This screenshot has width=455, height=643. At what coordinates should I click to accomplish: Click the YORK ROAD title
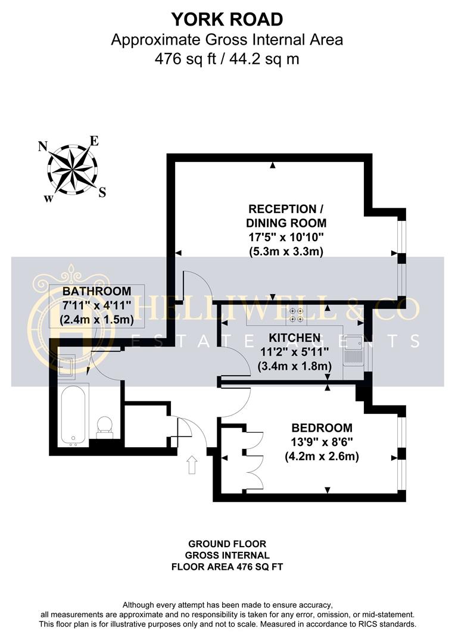point(227,19)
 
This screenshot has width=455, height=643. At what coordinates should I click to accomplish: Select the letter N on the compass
point(42,146)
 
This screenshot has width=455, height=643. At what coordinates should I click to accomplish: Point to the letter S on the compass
point(102,192)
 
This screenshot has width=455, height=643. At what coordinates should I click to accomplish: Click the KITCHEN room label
point(295,338)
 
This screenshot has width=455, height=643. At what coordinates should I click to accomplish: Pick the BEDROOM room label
point(322,428)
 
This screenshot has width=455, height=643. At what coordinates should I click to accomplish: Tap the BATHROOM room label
point(97,291)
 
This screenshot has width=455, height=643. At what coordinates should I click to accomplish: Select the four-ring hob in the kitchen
point(296,314)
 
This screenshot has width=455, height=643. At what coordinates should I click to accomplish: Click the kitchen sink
point(353,351)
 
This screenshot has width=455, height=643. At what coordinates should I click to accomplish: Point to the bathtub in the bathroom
point(73,415)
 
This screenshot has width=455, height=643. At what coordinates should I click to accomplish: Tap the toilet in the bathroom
point(104,426)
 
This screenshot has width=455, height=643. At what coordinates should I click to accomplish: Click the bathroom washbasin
point(66,366)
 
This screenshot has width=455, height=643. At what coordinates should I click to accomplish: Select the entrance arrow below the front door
point(192,464)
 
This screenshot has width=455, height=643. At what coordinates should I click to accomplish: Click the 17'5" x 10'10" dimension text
point(286,237)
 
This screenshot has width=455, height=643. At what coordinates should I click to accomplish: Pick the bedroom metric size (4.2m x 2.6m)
point(322,456)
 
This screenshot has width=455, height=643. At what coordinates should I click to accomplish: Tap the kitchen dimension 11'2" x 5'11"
point(295,352)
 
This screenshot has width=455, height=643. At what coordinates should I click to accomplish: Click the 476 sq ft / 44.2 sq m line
point(227,59)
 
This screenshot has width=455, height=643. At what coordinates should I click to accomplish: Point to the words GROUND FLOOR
point(227,544)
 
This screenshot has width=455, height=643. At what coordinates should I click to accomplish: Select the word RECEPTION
point(282,209)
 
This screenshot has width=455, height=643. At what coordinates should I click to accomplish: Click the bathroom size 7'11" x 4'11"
point(97,305)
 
